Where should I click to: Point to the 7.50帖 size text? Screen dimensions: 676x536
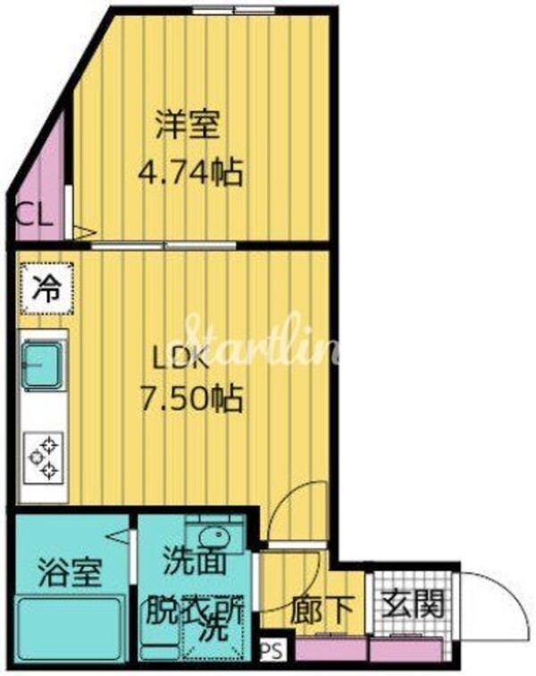190,399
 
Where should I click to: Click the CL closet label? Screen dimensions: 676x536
33,216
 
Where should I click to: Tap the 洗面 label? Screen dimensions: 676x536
189,565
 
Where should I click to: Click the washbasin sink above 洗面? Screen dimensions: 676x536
213,538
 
